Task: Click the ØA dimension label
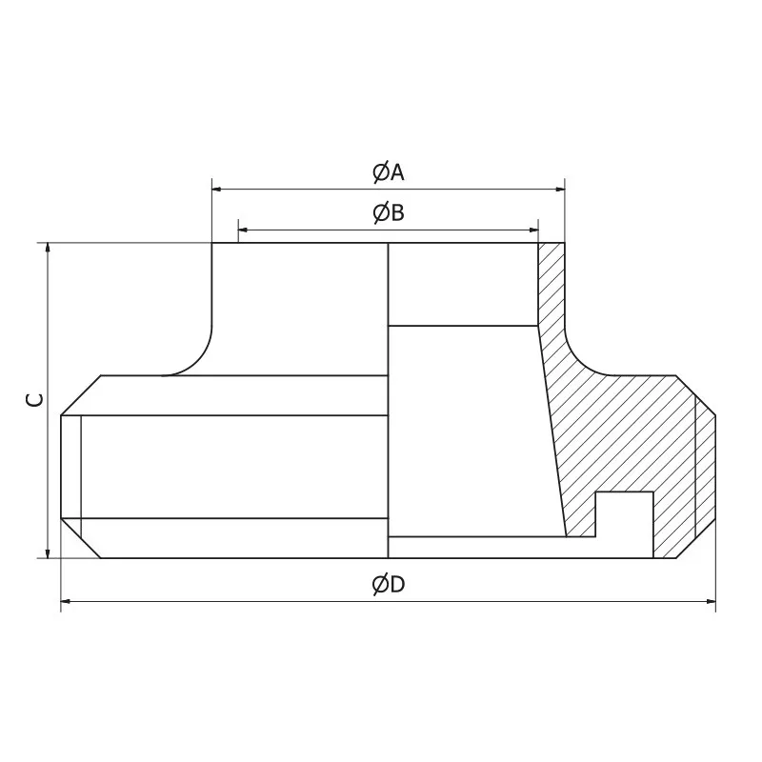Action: click(388, 171)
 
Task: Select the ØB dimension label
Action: click(388, 212)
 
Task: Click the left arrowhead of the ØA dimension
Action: click(216, 190)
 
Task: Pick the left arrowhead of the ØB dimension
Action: click(243, 230)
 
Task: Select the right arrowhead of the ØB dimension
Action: click(533, 230)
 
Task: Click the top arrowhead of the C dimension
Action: click(47, 249)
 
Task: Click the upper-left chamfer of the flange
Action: click(81, 395)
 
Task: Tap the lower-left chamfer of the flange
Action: click(81, 539)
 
